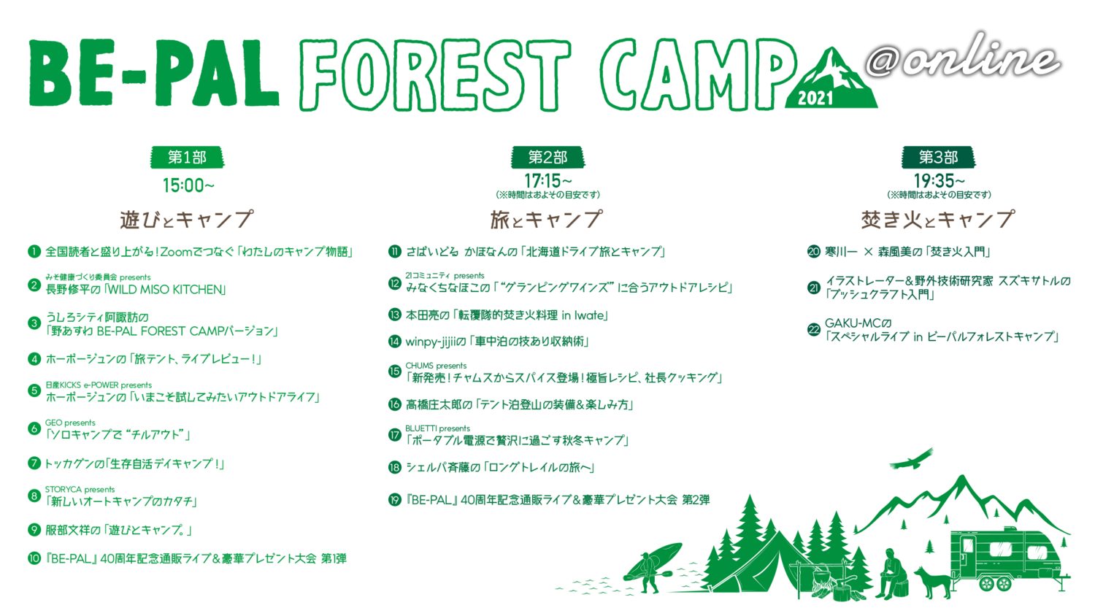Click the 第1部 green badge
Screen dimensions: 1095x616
tap(187, 158)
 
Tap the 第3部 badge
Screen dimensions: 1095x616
tap(938, 158)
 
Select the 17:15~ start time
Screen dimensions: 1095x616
tap(548, 182)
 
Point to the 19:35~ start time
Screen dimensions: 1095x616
tap(939, 182)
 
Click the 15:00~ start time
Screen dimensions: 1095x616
tap(188, 186)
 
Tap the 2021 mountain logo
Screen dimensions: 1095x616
tap(831, 78)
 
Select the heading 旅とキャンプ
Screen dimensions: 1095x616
tap(547, 220)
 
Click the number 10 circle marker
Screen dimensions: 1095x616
tap(34, 558)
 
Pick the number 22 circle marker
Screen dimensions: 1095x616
tap(813, 329)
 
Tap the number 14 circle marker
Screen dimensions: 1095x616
tap(394, 342)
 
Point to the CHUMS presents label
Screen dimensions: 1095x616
tap(436, 366)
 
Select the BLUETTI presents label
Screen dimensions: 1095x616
tap(437, 428)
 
